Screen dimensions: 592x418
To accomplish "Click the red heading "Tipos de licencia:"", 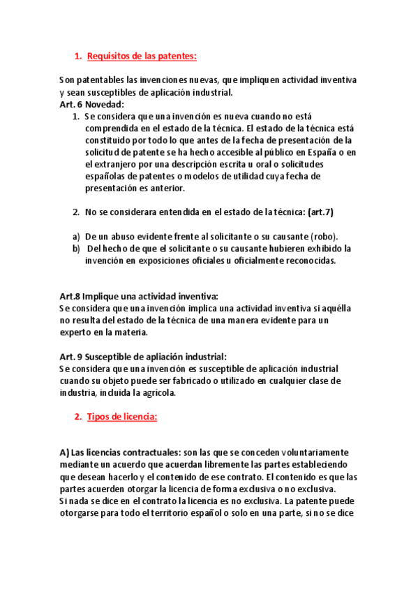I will click(x=122, y=417).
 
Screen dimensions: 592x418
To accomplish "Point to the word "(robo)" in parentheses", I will click(x=318, y=237).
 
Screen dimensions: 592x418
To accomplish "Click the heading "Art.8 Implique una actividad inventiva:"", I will click(x=139, y=297).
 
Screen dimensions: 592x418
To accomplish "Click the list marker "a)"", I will click(x=77, y=237).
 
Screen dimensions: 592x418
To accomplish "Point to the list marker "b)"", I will click(x=77, y=249).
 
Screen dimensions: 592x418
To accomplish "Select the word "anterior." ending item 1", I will click(x=165, y=188).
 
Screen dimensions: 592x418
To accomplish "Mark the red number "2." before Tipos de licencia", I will click(x=77, y=417).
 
